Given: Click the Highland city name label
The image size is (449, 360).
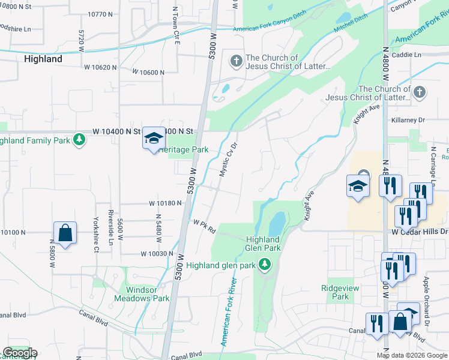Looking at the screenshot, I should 43,59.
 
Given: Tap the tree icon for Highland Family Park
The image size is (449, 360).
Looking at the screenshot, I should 79,140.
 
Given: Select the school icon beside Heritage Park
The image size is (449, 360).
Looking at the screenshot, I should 153,139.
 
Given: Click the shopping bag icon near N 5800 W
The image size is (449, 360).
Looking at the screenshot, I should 65,233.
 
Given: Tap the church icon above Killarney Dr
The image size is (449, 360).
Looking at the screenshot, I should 420,92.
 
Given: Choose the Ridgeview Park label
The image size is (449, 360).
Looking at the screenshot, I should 340,292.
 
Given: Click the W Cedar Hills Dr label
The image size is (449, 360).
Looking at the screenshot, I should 420,232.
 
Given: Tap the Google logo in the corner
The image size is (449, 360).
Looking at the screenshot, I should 19,353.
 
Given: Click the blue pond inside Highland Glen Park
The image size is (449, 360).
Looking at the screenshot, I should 277,224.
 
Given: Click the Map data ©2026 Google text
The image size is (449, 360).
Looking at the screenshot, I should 412,355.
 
